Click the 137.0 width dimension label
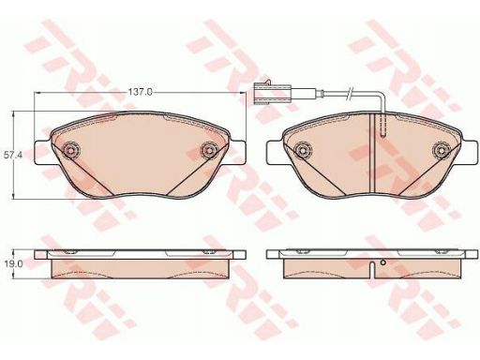[x=141, y=92]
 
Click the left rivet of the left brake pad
[x=71, y=151]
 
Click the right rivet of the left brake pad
[x=209, y=151]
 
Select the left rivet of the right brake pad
[x=303, y=151]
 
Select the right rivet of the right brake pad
[x=442, y=151]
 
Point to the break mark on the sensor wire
[x=350, y=93]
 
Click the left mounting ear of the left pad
[x=43, y=152]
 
